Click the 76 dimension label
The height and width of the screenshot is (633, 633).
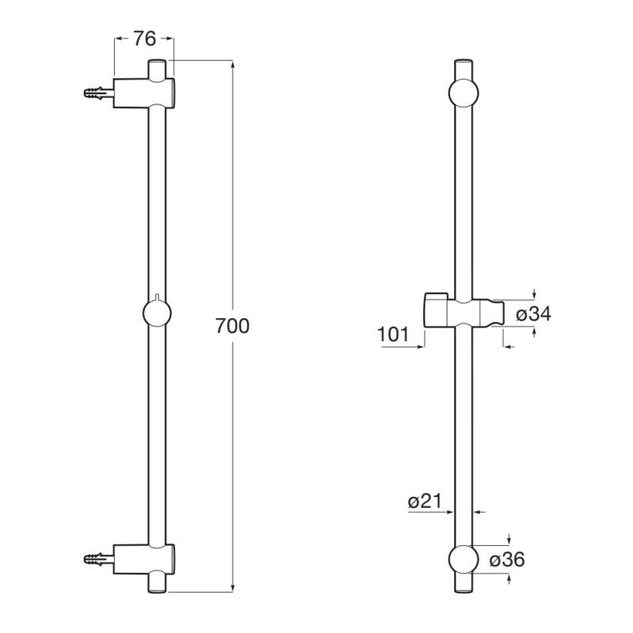click(145, 39)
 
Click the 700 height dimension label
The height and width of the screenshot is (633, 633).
click(233, 326)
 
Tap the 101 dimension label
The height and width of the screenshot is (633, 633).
click(393, 334)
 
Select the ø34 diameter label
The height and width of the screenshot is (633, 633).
click(533, 313)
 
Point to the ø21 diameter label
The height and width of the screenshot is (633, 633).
click(425, 502)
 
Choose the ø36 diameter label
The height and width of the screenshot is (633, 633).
click(507, 560)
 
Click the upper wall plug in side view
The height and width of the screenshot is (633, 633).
click(98, 93)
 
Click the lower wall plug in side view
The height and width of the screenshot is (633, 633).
click(98, 559)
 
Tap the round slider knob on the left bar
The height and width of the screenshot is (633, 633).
click(157, 313)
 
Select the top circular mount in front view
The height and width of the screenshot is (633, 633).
click(464, 93)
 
